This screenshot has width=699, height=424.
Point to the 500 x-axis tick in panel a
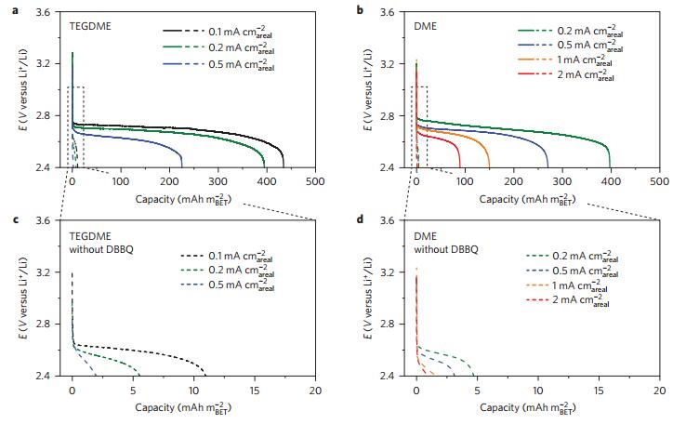[x=314, y=181]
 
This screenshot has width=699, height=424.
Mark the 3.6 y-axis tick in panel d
[x=399, y=220]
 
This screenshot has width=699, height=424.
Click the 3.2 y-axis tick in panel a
[x=55, y=64]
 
